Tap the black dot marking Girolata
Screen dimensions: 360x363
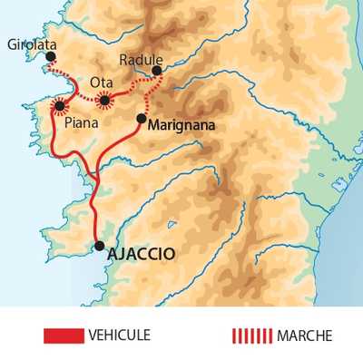[51, 57]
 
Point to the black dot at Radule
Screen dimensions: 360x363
[157, 70]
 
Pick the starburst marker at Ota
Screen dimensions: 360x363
[105, 99]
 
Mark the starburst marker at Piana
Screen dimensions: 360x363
[60, 106]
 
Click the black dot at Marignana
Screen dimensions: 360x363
[141, 119]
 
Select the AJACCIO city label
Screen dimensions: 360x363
[141, 253]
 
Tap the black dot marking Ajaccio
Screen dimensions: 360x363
[99, 245]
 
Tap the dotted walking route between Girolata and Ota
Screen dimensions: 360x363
[76, 89]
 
